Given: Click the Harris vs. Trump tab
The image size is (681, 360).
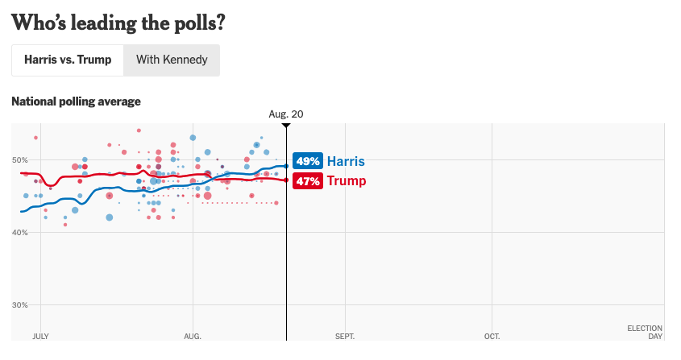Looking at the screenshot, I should (68, 60).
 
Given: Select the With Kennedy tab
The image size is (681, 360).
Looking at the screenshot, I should (172, 60).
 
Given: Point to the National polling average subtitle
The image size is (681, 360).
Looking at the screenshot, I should (77, 101).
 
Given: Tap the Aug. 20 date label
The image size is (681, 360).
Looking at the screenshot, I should (286, 114).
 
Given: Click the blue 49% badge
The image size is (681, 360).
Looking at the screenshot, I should (308, 161).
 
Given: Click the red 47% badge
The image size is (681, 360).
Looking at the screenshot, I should (308, 181).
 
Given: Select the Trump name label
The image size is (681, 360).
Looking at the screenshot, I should (346, 181).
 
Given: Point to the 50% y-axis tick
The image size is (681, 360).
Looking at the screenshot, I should (21, 160).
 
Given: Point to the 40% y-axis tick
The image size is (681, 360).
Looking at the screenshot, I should (21, 233).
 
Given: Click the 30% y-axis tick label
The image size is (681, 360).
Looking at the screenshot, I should (21, 305).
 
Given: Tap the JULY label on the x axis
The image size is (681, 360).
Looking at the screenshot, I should (40, 336).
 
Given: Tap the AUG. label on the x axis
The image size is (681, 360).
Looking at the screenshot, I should (193, 336).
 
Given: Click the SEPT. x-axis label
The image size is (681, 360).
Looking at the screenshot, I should (344, 336).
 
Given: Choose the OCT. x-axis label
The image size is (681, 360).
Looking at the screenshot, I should (492, 336).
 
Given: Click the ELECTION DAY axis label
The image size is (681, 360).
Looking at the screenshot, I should (645, 332).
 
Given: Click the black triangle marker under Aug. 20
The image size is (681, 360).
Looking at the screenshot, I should (286, 126).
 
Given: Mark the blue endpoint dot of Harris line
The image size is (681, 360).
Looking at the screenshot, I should (286, 166).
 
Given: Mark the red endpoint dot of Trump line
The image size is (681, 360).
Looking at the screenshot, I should (286, 180).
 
